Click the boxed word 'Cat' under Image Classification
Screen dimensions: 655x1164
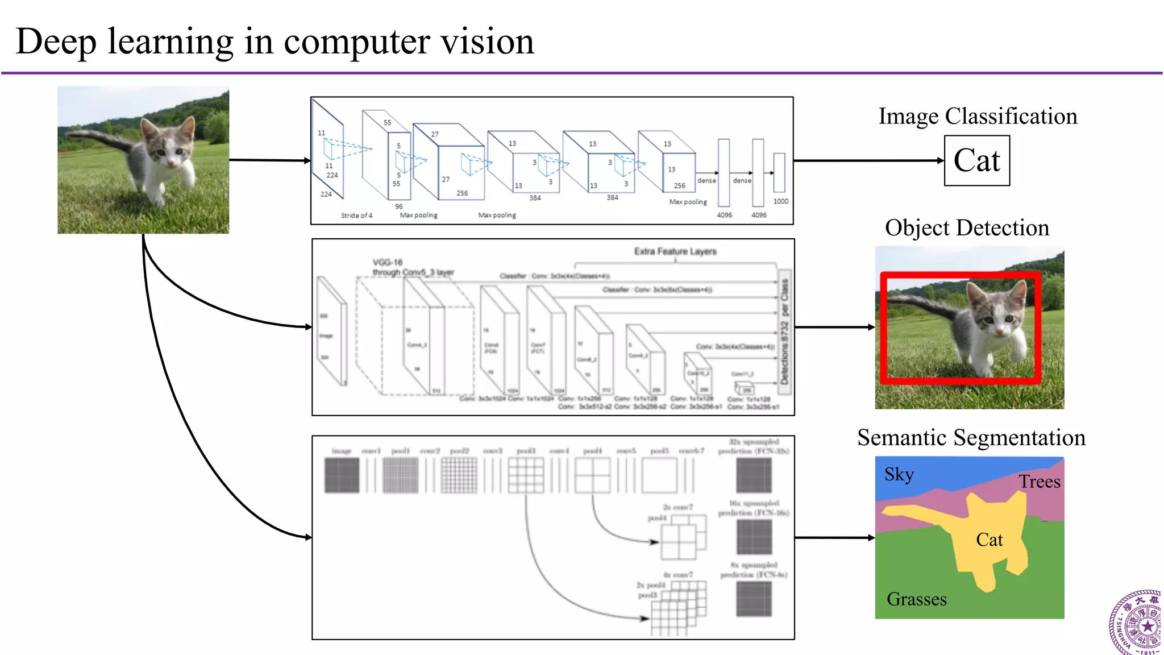[976, 160]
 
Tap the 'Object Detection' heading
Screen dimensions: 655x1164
[966, 227]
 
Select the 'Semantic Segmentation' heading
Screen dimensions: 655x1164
[971, 437]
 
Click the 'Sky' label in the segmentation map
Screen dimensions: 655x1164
[899, 474]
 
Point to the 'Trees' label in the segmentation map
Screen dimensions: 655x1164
[1039, 482]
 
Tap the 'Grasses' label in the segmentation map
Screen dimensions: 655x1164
[916, 599]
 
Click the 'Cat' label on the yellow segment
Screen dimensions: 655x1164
[989, 540]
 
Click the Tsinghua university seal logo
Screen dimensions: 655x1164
[1136, 624]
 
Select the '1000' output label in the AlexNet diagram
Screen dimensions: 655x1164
[780, 201]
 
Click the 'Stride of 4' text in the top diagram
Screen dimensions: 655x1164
[356, 215]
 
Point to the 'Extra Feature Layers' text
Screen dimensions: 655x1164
[675, 251]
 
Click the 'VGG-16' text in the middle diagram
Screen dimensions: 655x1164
[387, 262]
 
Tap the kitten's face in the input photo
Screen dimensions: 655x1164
[168, 149]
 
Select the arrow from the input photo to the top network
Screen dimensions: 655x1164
[269, 160]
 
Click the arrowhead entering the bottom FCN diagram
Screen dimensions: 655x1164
[308, 537]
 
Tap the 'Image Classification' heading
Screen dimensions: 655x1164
[978, 116]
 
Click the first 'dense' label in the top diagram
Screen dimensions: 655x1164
[706, 180]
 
